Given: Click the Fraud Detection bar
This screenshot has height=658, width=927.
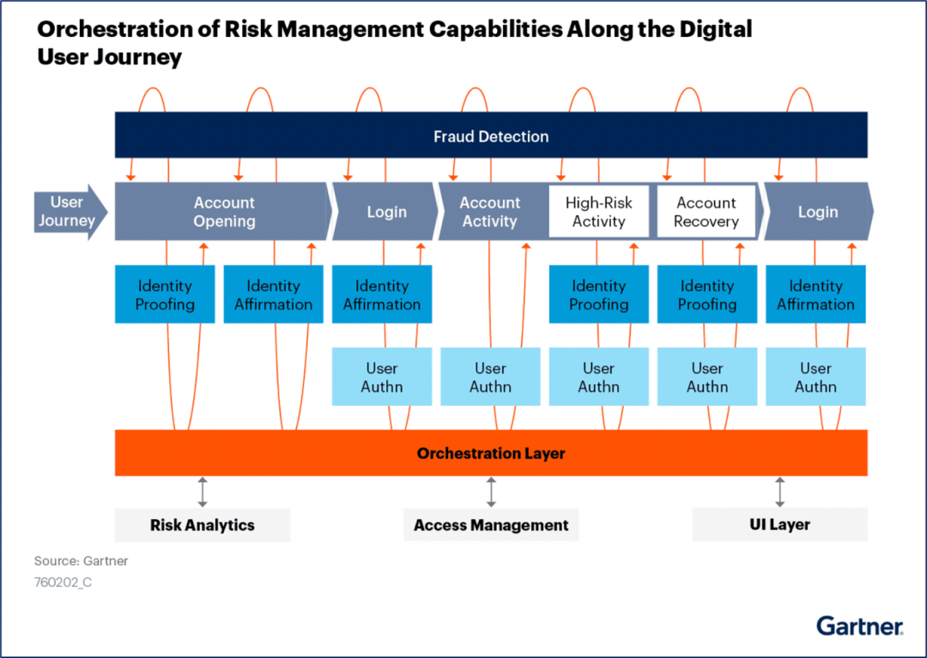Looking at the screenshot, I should (x=490, y=136).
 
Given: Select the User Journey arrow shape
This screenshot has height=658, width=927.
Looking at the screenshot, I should (x=69, y=212).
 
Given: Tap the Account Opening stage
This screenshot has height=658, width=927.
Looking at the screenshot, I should (x=223, y=212).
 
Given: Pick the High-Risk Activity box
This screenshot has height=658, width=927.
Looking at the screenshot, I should (x=598, y=212).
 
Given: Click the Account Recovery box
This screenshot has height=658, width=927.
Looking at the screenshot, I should (x=706, y=212).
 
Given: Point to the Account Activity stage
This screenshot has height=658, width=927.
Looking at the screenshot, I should (x=490, y=212).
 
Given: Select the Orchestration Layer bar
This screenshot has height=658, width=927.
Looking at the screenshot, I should (x=490, y=453).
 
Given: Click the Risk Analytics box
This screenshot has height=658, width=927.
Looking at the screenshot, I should (x=203, y=525).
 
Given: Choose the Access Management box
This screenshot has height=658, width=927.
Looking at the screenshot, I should (x=491, y=525).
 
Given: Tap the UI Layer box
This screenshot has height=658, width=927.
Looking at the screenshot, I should (x=779, y=525).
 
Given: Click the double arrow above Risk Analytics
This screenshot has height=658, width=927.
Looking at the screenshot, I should (x=203, y=492).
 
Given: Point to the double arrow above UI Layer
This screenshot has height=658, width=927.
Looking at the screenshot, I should (x=779, y=492).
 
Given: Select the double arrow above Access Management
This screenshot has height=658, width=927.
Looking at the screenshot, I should (x=491, y=492).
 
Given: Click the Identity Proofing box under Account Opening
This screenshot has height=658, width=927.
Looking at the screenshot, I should (x=165, y=294).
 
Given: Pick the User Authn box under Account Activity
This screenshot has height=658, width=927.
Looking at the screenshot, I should (x=490, y=377).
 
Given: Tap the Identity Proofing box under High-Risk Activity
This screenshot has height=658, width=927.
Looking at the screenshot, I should (x=598, y=294).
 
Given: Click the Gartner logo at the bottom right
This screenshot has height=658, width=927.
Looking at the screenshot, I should (x=859, y=625).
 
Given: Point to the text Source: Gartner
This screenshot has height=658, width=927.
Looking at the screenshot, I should (x=81, y=561).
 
